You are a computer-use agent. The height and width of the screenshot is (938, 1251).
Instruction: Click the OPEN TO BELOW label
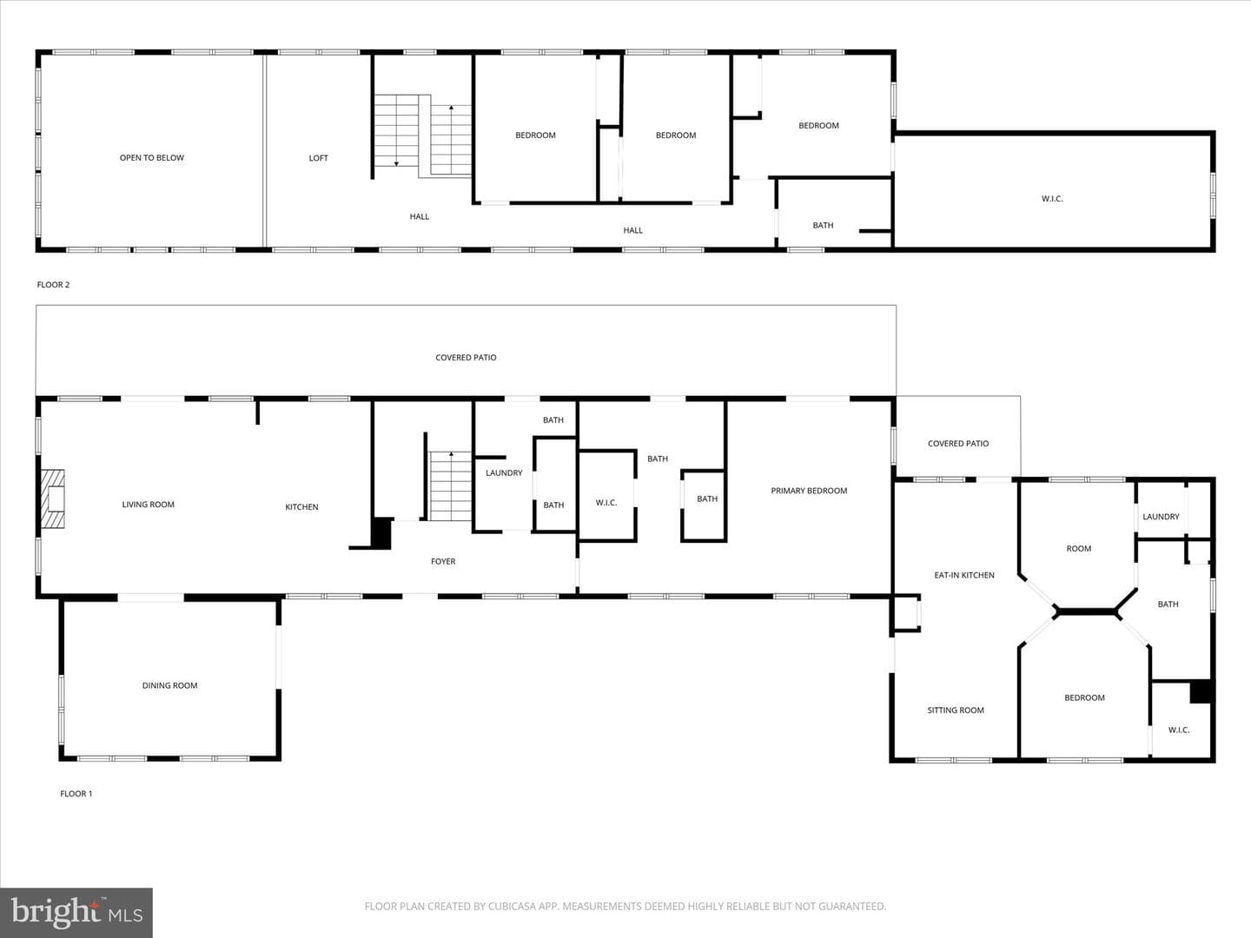pos(152,158)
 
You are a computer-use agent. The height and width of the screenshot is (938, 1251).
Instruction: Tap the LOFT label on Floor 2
pos(319,158)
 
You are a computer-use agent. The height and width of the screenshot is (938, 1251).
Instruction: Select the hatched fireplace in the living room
pos(52,499)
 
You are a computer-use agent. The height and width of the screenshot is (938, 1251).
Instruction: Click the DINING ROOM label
pos(169,685)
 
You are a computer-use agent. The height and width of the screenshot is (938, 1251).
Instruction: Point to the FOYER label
pos(443,561)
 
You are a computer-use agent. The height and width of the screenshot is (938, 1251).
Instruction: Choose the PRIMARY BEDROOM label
pos(809,491)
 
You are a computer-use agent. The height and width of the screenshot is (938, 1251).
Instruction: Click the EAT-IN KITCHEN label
pos(964,575)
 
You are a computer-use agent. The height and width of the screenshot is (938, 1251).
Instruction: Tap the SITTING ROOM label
pos(956,710)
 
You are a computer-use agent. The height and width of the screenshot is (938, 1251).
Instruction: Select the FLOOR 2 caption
pos(53,284)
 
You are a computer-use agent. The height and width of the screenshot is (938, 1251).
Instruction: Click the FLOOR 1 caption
pos(76,793)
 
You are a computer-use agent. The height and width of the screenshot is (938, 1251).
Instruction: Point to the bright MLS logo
pos(76,913)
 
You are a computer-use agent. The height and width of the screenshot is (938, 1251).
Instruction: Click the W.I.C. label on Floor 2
pos(1052,198)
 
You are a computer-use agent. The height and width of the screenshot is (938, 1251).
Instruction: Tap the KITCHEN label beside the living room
pos(301,506)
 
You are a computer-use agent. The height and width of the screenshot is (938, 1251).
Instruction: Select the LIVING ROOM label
pos(149,504)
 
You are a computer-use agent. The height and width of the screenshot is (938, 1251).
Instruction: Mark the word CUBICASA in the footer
pos(511,906)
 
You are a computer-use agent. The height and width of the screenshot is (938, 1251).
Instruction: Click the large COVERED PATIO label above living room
pos(466,357)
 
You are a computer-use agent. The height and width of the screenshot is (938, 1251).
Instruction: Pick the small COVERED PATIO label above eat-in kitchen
pos(958,443)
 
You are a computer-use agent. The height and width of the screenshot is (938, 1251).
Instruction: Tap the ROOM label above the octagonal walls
pos(1079,548)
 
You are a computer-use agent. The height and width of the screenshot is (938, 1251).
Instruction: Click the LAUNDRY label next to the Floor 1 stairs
pos(504,472)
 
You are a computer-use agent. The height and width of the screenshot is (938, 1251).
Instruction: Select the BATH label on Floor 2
pos(823,225)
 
